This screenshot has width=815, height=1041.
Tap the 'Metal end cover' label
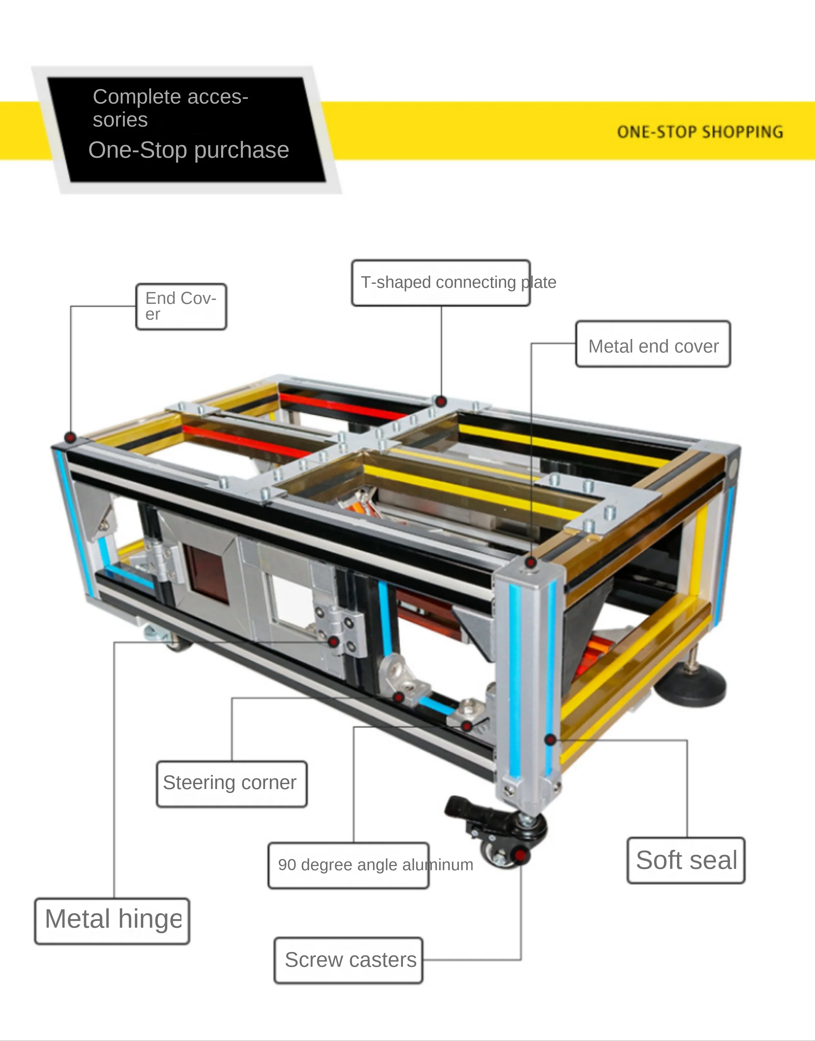[x=653, y=344]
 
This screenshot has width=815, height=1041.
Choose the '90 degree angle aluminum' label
[x=348, y=865]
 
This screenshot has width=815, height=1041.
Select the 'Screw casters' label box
[x=348, y=960]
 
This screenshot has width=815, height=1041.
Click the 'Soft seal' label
[x=686, y=860]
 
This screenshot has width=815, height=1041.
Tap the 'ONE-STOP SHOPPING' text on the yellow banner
[x=700, y=132]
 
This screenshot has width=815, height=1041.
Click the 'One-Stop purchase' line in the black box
[x=189, y=150]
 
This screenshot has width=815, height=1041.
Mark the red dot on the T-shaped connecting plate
[x=441, y=401]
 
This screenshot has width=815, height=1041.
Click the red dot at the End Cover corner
[x=70, y=437]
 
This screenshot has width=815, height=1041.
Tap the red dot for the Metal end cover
[x=531, y=563]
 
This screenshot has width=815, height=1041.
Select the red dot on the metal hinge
[x=334, y=641]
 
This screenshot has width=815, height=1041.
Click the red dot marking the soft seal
[x=550, y=740]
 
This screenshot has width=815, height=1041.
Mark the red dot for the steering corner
[x=398, y=698]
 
